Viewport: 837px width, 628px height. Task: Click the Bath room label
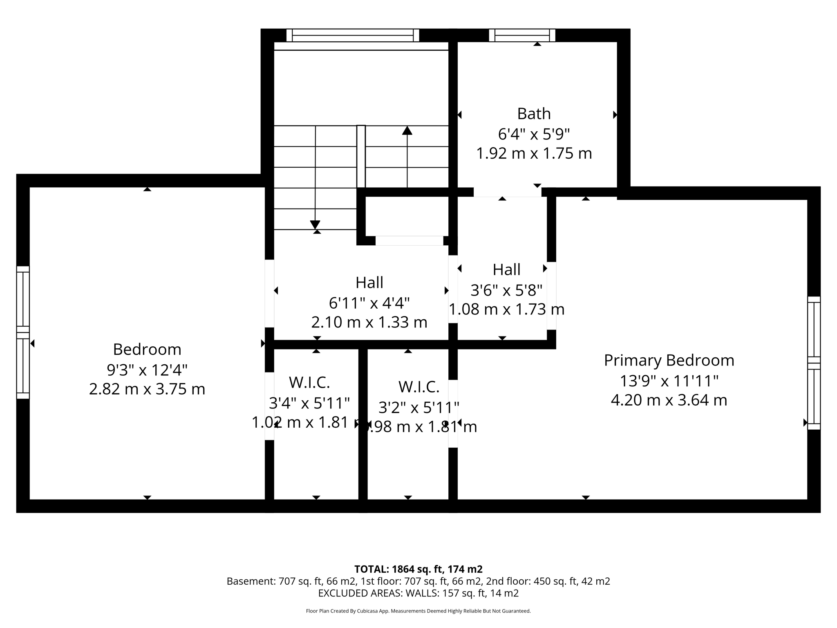[534, 114]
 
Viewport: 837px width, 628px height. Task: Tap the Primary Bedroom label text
[669, 360]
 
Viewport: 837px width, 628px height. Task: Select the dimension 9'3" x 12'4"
[147, 370]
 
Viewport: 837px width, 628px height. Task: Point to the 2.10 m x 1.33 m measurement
[369, 322]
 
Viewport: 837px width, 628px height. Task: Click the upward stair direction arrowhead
[407, 130]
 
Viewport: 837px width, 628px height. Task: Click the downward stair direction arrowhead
[315, 224]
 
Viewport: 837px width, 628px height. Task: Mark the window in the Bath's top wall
[522, 35]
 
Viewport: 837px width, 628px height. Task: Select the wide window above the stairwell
[352, 35]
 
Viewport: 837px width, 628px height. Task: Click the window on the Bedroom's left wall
[23, 332]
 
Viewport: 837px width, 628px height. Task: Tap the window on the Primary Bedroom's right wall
[814, 363]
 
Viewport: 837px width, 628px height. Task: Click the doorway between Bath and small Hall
[507, 192]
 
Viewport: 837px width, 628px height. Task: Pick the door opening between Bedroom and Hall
[269, 293]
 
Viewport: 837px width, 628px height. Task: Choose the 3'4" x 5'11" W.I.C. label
[309, 403]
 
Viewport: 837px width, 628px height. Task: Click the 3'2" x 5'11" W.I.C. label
[418, 407]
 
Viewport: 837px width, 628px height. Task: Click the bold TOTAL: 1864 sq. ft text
[418, 569]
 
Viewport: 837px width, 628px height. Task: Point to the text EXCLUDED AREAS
[360, 593]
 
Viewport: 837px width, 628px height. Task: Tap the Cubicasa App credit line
[418, 611]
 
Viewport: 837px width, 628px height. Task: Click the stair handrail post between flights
[361, 156]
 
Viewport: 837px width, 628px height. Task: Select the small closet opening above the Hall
[409, 241]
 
